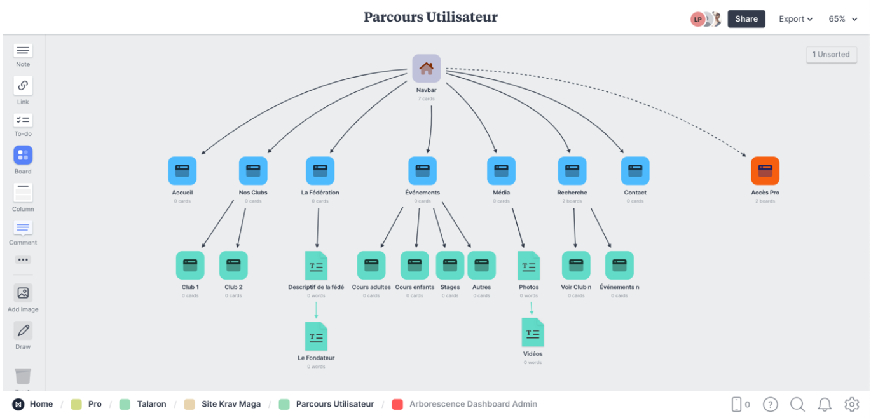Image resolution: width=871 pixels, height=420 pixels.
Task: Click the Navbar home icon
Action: pos(426,69)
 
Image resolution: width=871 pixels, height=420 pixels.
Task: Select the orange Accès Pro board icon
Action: pos(765,171)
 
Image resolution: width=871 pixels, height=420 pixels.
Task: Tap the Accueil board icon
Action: pos(182,171)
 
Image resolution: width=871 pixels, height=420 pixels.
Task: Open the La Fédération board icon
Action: pos(320,171)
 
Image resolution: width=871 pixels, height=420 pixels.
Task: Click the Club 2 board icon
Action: pos(233,266)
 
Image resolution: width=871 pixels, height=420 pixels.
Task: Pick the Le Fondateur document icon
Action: pos(316,337)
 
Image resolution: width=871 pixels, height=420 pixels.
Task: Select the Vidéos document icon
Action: pos(533,332)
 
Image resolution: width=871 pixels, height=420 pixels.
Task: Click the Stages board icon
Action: pos(449,266)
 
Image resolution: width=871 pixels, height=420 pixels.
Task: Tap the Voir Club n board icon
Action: pos(576,266)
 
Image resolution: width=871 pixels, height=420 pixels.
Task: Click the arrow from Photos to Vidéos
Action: pos(532,308)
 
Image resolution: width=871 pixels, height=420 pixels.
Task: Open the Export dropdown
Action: pos(796,19)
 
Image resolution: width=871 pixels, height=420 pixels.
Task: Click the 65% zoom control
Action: pos(841,19)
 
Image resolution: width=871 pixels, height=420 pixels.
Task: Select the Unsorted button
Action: pos(831,55)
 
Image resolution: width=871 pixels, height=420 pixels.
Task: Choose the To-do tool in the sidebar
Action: pos(23,121)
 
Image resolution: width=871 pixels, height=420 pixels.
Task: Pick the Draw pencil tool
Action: pos(23,331)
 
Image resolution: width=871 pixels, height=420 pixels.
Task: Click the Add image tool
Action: pos(23,294)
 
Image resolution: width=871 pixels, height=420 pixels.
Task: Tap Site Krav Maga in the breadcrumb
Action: pos(231,404)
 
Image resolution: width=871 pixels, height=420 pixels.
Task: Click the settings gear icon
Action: pos(852,404)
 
